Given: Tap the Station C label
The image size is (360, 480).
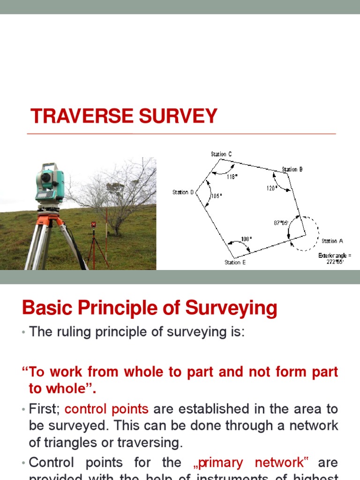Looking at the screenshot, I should [x=221, y=154].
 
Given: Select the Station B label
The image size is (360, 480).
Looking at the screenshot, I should [x=292, y=169].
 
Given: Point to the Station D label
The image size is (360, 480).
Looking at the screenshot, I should [x=183, y=192].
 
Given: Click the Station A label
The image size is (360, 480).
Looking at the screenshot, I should [x=332, y=241].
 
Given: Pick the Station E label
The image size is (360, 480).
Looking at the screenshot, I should [x=235, y=262].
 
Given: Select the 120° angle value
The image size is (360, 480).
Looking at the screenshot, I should [x=272, y=187].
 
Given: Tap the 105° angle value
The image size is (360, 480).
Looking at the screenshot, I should [x=216, y=196].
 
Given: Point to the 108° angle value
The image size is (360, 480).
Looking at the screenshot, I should [x=246, y=239].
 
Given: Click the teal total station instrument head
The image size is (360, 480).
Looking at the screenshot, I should [x=50, y=180].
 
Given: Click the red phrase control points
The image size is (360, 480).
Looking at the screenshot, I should [x=106, y=409].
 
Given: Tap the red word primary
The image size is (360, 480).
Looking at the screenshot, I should [x=220, y=462].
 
